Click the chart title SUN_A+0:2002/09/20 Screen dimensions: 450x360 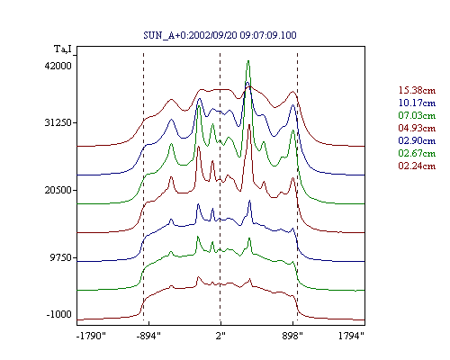click(x=190, y=35)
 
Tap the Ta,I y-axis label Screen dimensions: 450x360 click(x=63, y=49)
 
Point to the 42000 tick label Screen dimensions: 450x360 click(x=58, y=66)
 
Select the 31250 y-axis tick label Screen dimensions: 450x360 click(x=58, y=122)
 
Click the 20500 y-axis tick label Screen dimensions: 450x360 click(x=58, y=190)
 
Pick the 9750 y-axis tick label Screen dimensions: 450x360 click(x=61, y=257)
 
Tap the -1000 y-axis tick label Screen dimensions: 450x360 click(x=59, y=314)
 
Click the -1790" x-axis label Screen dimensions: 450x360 click(x=92, y=336)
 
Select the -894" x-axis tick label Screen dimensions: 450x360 click(x=148, y=336)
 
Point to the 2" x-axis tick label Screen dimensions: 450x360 click(x=220, y=336)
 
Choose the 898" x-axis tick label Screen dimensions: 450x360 click(x=292, y=336)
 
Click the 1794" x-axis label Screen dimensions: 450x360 click(x=351, y=336)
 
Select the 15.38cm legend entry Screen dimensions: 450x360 click(x=417, y=90)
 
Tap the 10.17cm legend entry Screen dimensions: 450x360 click(x=417, y=103)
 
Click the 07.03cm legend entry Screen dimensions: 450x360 click(x=417, y=115)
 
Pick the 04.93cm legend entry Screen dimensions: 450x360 click(x=417, y=128)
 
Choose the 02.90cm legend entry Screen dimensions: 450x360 click(x=417, y=140)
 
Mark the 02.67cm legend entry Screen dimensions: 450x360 click(x=417, y=153)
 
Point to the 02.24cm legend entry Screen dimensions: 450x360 click(x=417, y=166)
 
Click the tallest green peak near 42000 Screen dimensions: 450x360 click(x=248, y=61)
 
